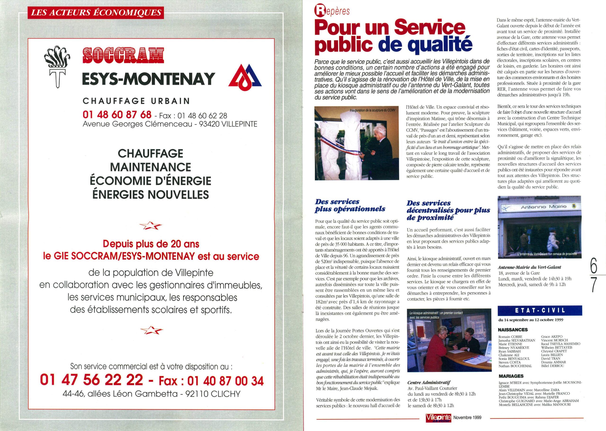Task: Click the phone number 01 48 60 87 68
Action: tap(117, 115)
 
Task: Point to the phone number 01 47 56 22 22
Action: tap(91, 380)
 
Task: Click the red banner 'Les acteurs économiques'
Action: tap(96, 13)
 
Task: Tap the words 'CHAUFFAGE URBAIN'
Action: tap(136, 101)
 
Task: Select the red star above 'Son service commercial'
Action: tap(151, 330)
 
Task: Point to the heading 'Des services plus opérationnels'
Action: tap(350, 206)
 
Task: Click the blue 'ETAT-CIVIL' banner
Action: tap(540, 310)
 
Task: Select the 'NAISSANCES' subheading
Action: tap(513, 330)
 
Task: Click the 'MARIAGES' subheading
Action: tap(511, 376)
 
